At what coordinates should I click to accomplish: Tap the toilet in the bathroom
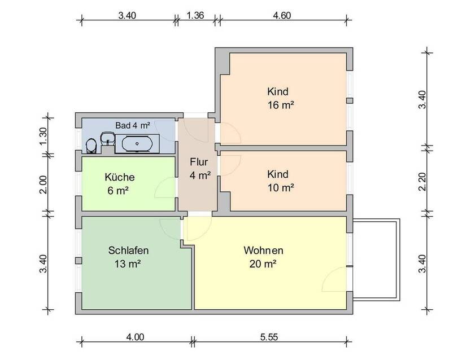90,146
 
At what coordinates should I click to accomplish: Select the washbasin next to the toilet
106,139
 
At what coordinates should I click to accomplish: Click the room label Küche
119,177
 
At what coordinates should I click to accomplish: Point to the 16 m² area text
282,105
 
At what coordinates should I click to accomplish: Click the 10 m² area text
282,187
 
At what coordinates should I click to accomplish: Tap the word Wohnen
263,250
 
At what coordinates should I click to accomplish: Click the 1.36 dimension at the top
195,16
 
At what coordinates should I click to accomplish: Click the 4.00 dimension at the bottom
136,337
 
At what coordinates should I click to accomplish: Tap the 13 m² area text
129,264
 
